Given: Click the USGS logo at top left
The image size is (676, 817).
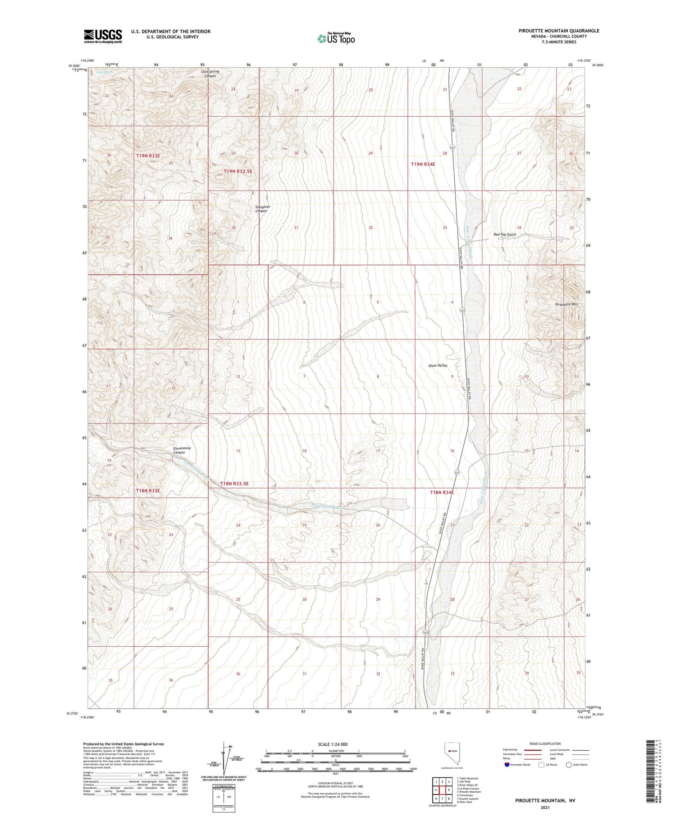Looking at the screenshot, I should pos(103,36).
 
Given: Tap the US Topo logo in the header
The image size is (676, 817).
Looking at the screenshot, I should pos(336,38).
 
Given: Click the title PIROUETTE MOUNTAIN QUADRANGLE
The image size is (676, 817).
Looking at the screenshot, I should pos(559,31).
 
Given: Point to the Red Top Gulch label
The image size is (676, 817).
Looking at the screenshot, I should pos(505,234).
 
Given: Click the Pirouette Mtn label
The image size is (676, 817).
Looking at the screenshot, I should pos(566,304).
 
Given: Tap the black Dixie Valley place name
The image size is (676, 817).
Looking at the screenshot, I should pos(438,365).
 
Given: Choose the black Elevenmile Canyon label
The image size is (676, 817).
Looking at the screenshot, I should pos(182,451).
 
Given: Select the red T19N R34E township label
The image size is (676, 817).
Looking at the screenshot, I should pos(423,164).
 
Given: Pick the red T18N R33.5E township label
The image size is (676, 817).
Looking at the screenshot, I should pos(234,484).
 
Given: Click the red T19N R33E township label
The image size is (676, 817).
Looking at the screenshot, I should pos(148,155).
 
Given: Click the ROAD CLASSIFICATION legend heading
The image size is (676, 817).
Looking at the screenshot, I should pos(545,744).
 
